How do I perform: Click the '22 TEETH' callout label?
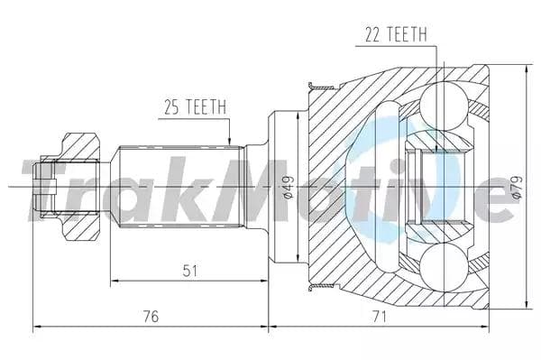coord(396,34)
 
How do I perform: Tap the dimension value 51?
coord(190,270)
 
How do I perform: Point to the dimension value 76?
coord(150,315)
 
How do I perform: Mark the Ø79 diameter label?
coord(516,187)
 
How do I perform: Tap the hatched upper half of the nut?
coord(79,147)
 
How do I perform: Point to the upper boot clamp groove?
coord(317,88)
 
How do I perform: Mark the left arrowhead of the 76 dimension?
coord(36,324)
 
